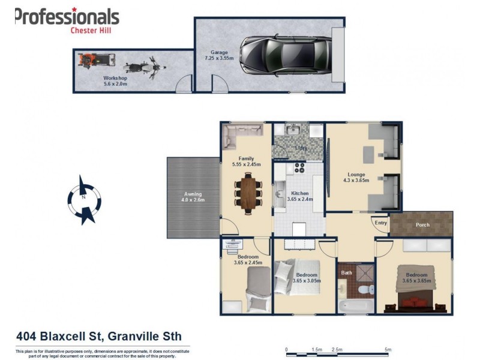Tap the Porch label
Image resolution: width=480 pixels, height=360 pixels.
[x=422, y=226]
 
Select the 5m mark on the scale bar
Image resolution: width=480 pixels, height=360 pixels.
[x=388, y=349]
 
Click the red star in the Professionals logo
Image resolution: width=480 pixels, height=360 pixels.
[x=74, y=9]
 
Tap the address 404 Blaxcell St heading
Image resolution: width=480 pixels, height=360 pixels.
[x=98, y=336]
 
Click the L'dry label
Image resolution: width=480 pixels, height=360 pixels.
[x=301, y=148]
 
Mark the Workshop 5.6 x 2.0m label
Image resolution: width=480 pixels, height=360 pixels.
[x=115, y=80]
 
